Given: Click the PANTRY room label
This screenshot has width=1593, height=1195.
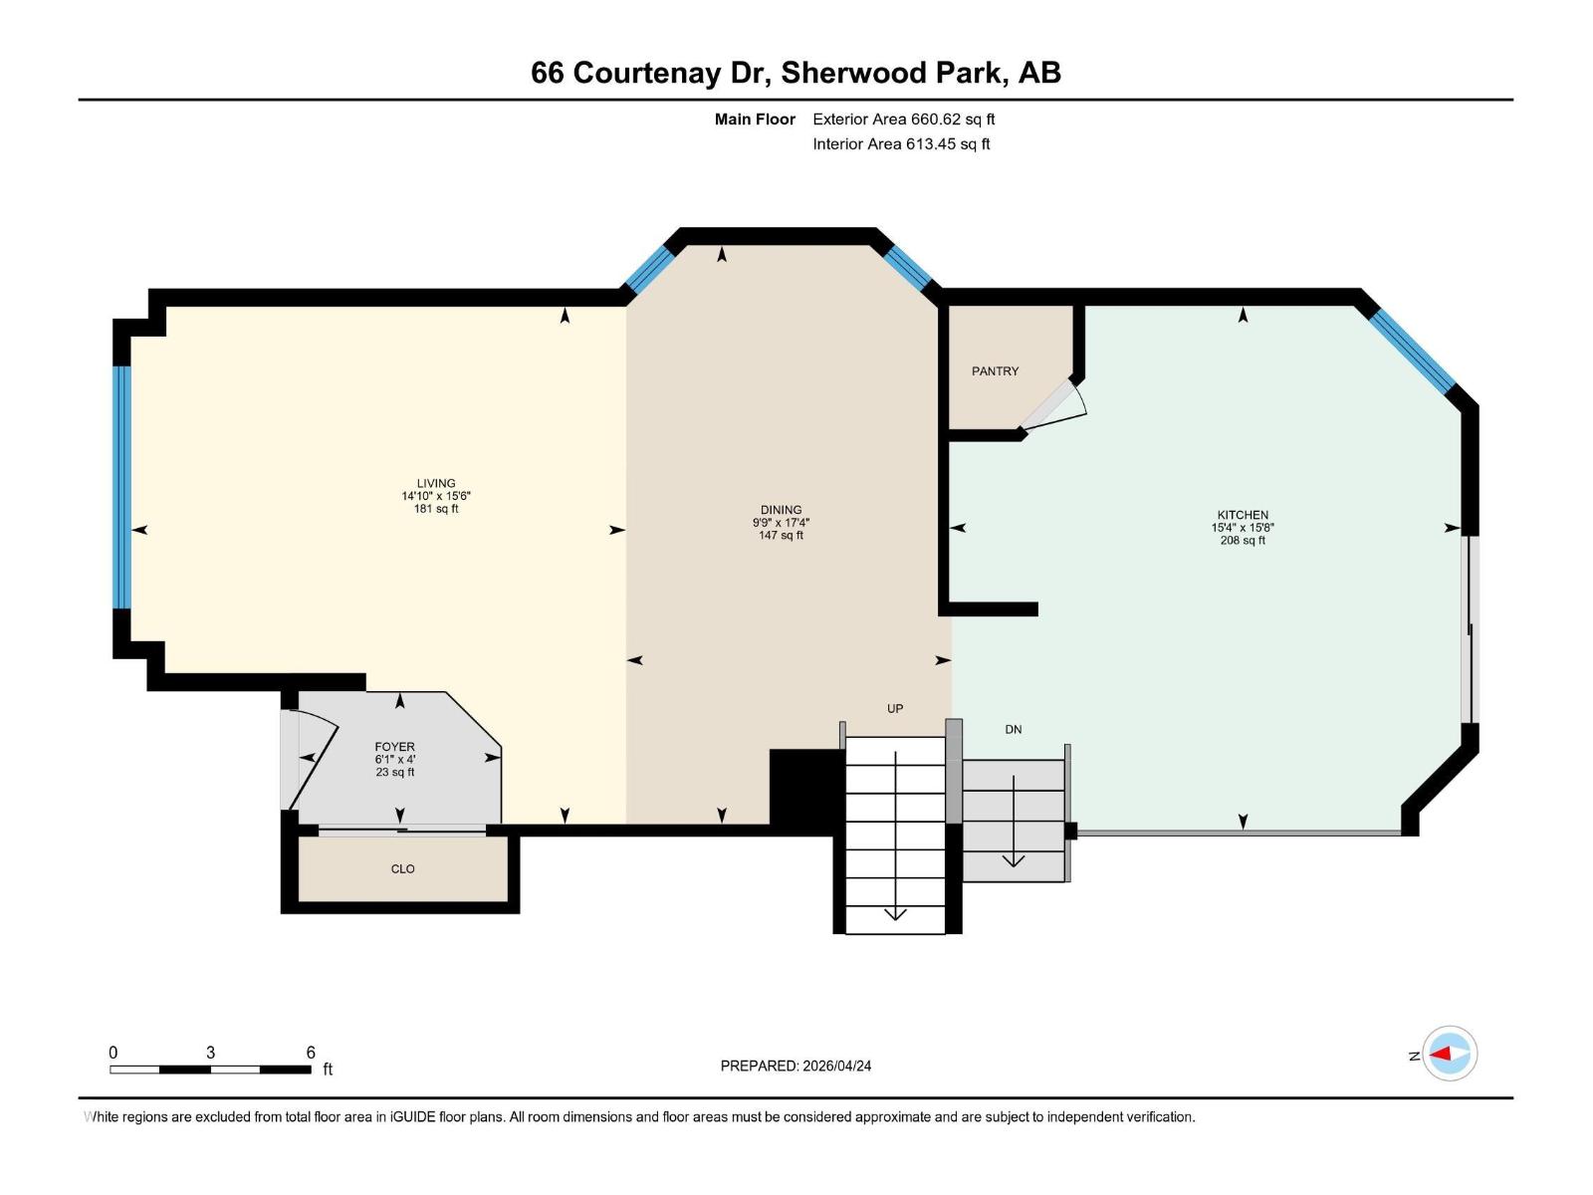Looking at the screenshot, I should (x=995, y=370).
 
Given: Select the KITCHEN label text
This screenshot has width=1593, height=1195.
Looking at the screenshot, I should (x=1243, y=515).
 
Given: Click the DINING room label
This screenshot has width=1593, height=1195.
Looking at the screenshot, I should (x=781, y=510).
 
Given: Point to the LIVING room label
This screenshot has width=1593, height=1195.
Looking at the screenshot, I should (x=436, y=483).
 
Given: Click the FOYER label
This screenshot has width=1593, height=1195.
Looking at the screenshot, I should (x=394, y=746).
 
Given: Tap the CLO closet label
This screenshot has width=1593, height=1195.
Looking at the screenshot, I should (x=402, y=868).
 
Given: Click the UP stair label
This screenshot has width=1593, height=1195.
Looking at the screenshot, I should (x=895, y=708).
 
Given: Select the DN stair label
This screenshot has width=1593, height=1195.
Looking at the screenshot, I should (x=1013, y=729).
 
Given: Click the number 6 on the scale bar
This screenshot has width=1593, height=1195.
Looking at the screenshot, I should (x=311, y=1052).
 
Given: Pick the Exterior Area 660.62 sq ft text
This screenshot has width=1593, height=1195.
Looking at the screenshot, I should (x=903, y=119).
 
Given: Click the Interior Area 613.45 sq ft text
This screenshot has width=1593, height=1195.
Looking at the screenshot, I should (x=901, y=143).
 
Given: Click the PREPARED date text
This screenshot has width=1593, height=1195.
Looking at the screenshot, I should (x=796, y=1066).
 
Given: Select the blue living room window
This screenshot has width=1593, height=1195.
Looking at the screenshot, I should (x=121, y=487).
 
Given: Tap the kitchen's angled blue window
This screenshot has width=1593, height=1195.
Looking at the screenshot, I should (x=1412, y=351).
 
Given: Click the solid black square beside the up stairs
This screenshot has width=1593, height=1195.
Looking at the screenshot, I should (x=805, y=787).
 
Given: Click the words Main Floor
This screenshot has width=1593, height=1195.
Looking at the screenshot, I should (x=755, y=119).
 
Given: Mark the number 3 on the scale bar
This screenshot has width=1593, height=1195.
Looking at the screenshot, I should (x=210, y=1052).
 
